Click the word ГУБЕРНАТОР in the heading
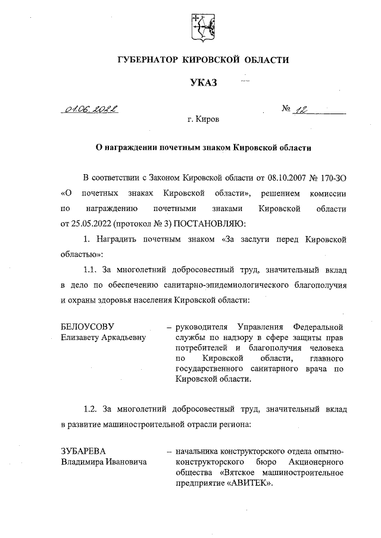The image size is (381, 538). click(x=151, y=61)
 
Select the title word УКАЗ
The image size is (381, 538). click(x=199, y=82)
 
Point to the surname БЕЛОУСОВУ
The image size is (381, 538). click(x=86, y=327)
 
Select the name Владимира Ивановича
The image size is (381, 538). click(x=104, y=461)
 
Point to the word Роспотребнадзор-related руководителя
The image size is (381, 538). click(x=202, y=327)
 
